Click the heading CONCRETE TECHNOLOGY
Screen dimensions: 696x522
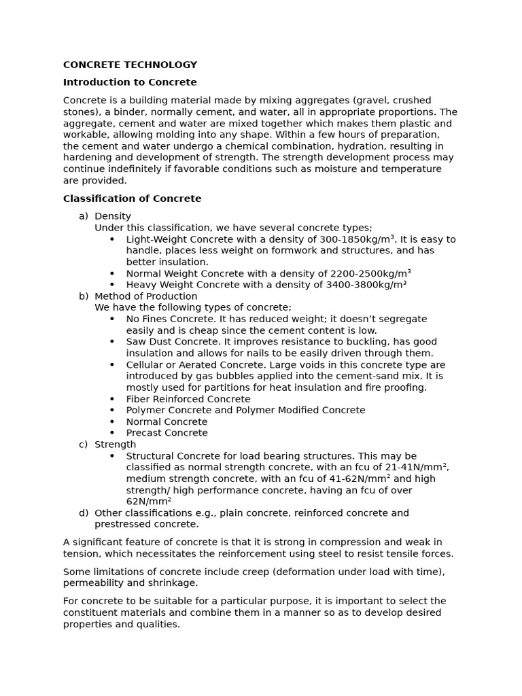[x=130, y=65]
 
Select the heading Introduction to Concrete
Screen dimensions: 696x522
[x=130, y=82]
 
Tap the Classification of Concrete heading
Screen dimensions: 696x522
[x=132, y=199]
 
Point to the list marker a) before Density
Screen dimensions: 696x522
[x=83, y=216]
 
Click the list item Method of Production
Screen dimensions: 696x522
[x=145, y=296]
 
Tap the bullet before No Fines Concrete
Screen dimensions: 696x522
[x=111, y=319]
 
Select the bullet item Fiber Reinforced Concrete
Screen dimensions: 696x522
[x=188, y=399]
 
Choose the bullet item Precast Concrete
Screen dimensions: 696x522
[x=167, y=433]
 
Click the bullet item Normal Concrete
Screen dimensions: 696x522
[x=167, y=421]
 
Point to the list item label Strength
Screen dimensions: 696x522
[x=115, y=445]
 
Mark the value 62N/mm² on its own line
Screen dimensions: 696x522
[x=148, y=502]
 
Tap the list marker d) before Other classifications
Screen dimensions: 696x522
[x=83, y=513]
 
